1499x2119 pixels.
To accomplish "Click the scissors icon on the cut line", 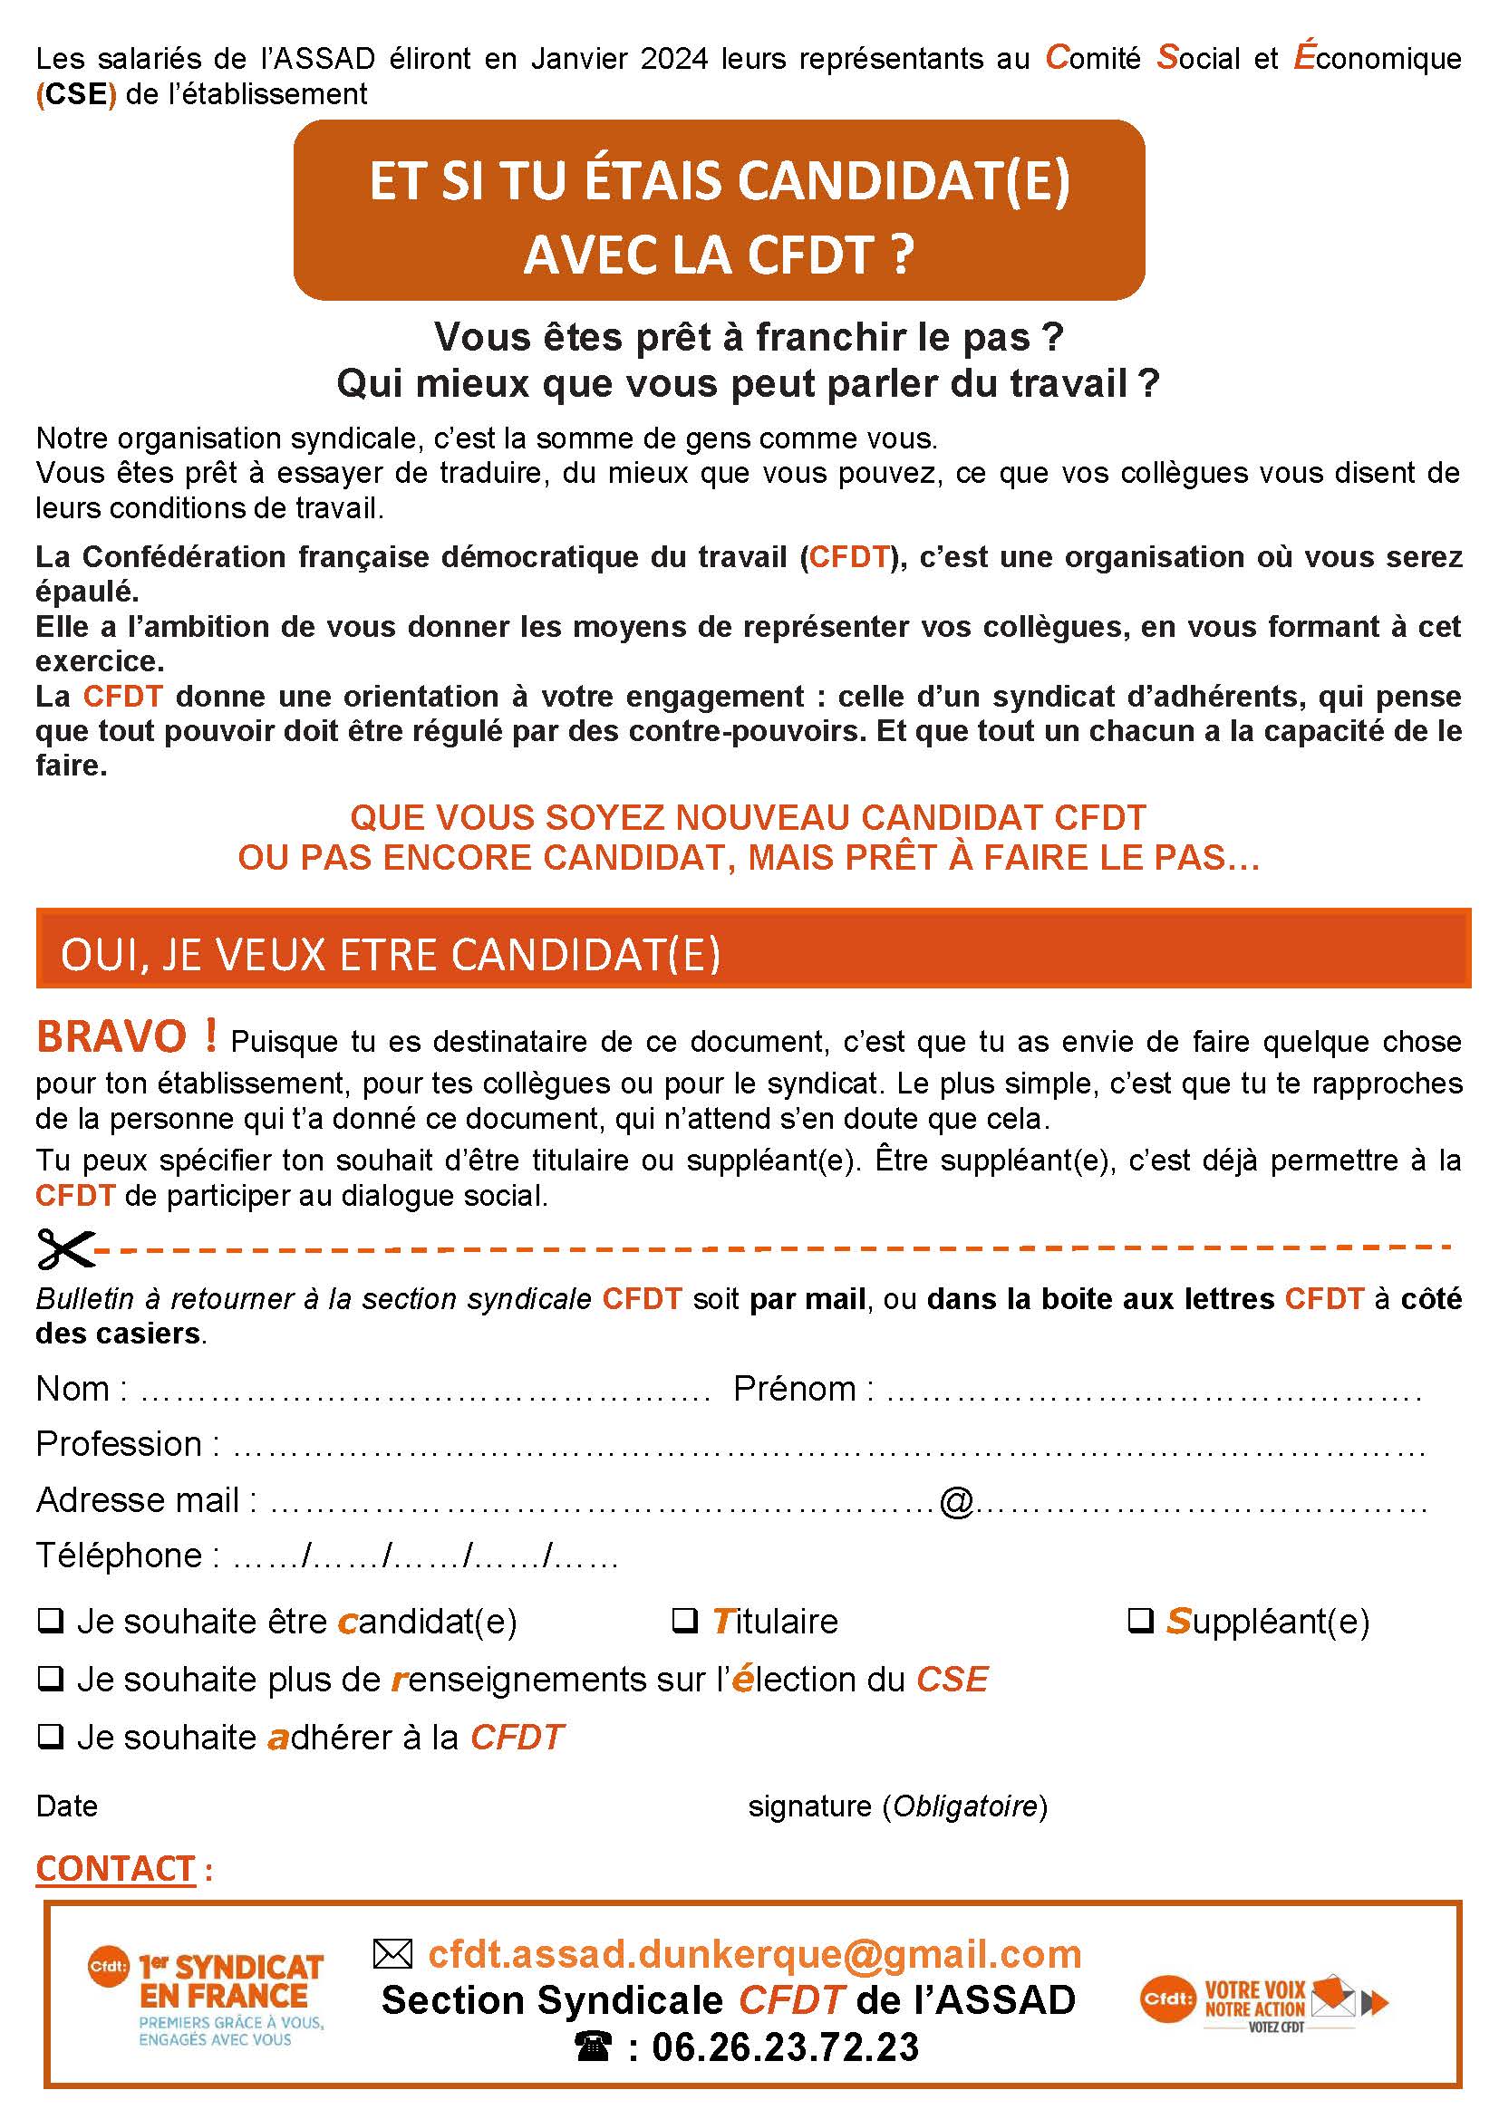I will [64, 1249].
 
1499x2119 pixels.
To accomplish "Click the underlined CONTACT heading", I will [115, 1869].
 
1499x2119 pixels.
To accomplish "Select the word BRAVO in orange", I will [111, 1036].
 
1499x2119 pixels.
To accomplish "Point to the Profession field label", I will [119, 1443].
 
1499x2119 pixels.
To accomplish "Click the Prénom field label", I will [795, 1388].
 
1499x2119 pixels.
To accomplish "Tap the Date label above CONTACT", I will [66, 1806].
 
